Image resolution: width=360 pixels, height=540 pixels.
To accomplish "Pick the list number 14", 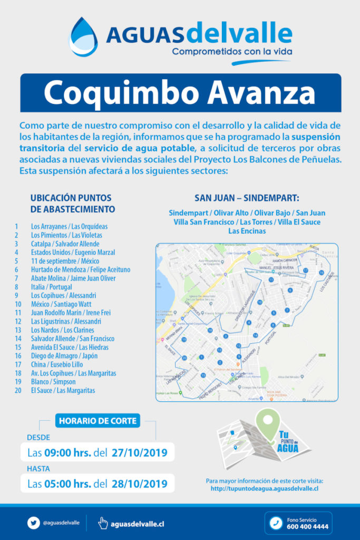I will coord(18,339).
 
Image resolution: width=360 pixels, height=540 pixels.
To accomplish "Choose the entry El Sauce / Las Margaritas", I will coord(63,390).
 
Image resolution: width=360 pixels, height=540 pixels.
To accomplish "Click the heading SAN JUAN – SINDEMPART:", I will coord(247,198).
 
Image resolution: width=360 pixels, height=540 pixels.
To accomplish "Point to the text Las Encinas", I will coord(247,230).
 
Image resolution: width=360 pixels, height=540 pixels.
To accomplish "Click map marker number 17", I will coord(305,271).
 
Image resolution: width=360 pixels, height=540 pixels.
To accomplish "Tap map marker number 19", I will coord(183,340).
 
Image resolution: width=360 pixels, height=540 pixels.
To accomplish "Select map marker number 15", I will coord(203,375).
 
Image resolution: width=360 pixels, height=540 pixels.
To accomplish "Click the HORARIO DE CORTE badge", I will coord(98,421).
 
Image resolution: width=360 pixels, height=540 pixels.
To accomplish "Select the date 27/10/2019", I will coord(139,452).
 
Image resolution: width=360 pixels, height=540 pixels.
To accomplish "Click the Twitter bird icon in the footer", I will coord(34,523).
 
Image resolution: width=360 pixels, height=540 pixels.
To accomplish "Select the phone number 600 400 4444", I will coord(307,526).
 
